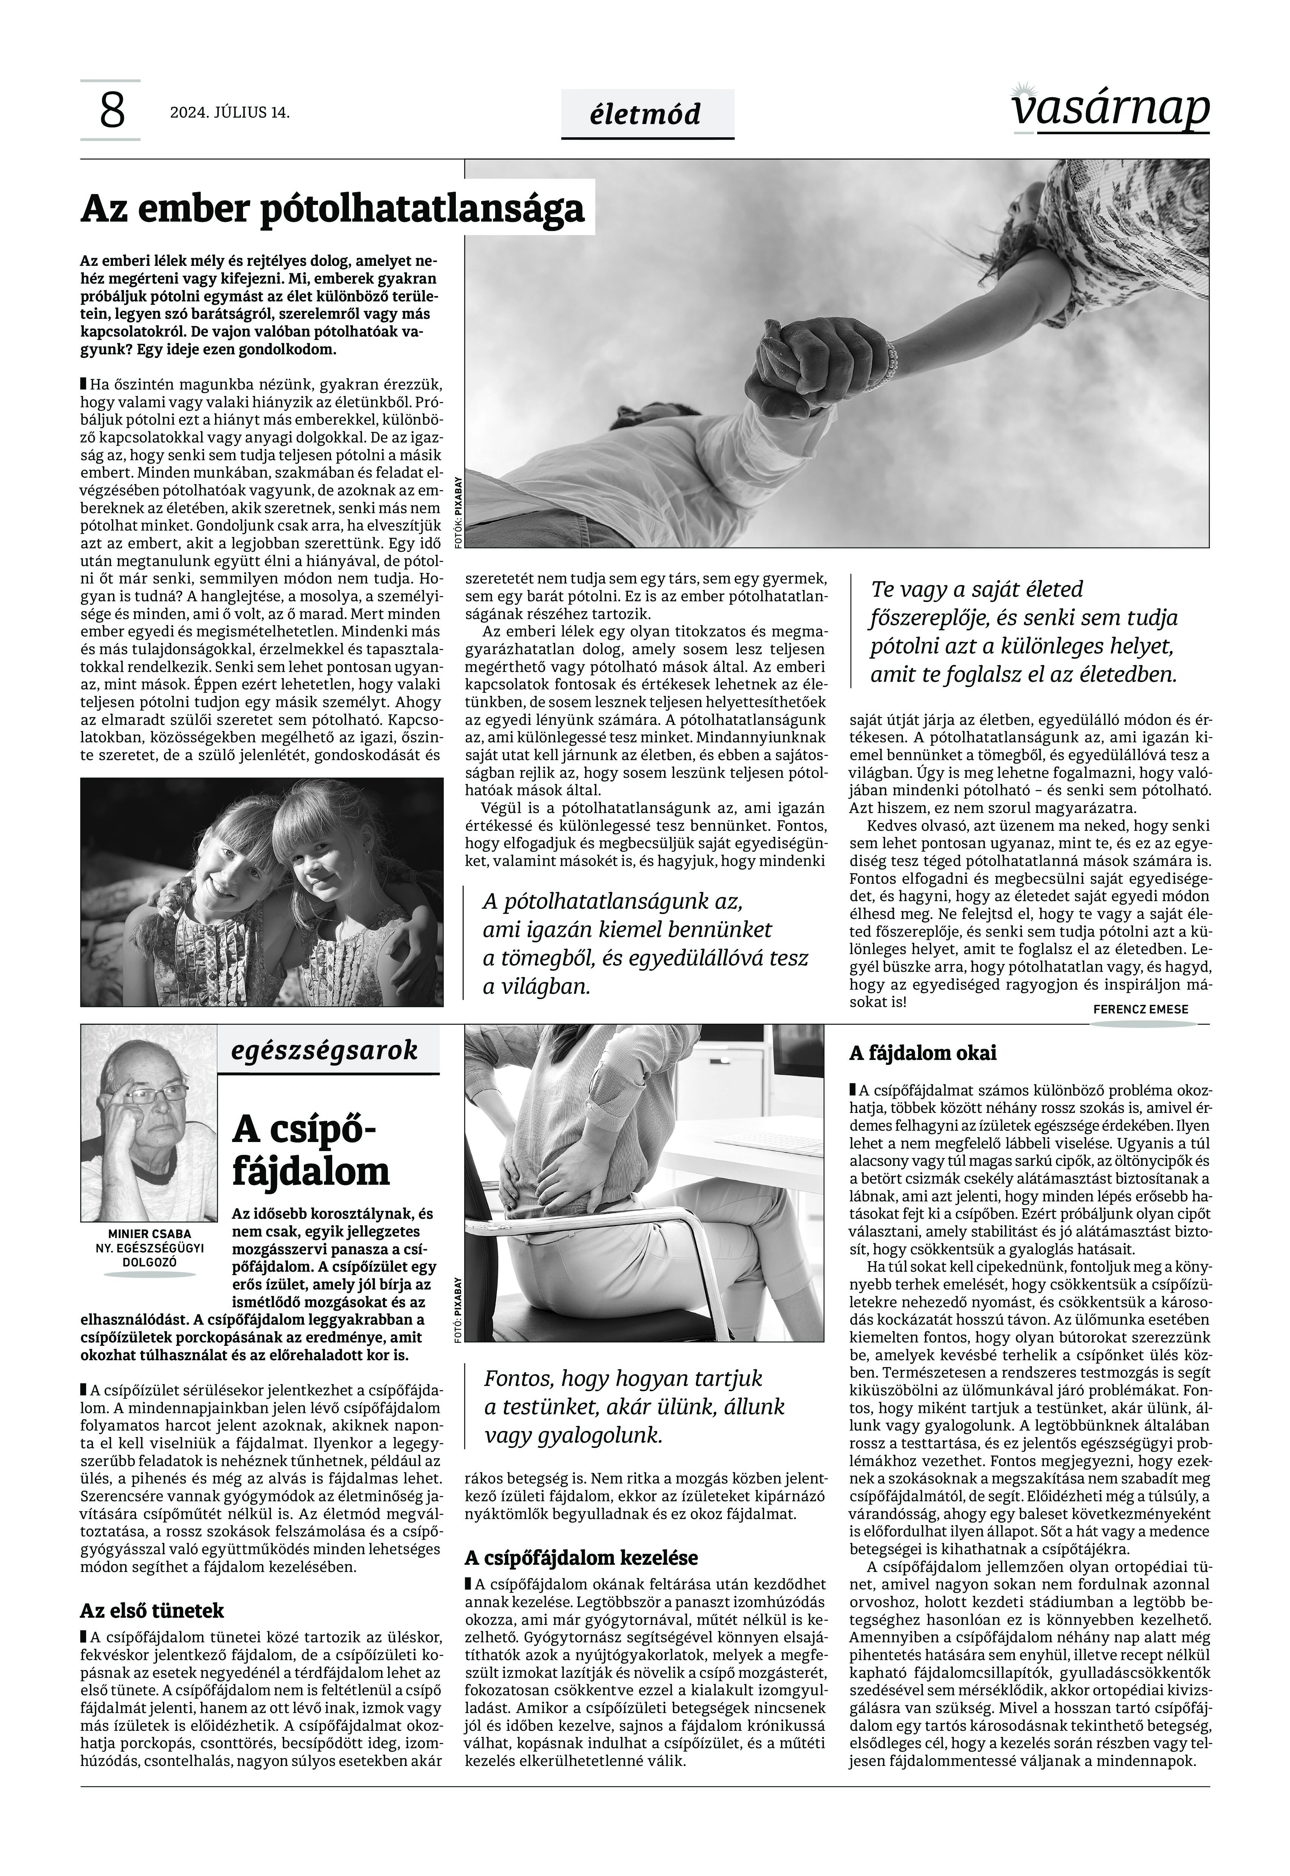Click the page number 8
click(x=112, y=111)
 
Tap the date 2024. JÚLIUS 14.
click(x=229, y=112)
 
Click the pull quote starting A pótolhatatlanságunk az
click(x=644, y=943)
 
